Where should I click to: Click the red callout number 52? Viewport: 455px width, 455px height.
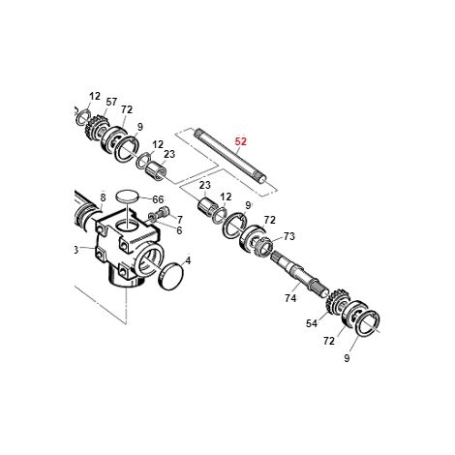pos(241,141)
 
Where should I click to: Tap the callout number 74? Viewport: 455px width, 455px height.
pos(290,298)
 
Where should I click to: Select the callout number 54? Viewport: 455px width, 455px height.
pos(312,323)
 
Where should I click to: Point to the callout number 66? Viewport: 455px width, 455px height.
pos(158,199)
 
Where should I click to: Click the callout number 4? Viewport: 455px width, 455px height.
pos(188,260)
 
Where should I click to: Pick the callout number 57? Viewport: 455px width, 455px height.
pos(111,102)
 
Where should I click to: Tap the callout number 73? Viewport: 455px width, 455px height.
pos(289,236)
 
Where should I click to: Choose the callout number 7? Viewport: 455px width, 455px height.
pos(180,220)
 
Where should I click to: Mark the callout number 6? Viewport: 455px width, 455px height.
pos(179,230)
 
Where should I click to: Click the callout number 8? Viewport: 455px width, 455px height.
pos(103,197)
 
